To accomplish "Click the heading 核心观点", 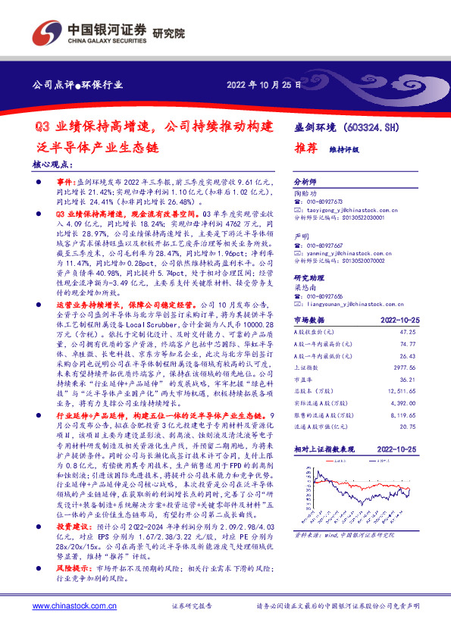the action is pyautogui.click(x=54, y=164).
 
